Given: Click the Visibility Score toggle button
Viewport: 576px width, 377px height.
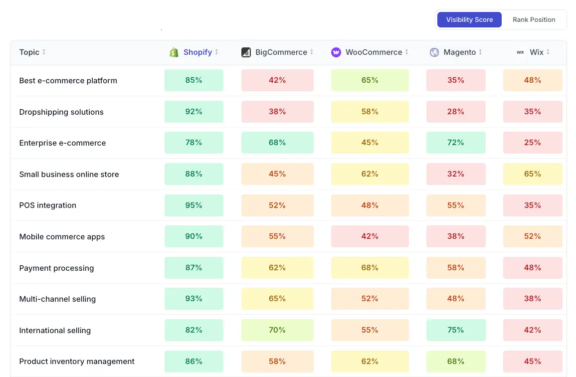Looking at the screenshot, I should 469,20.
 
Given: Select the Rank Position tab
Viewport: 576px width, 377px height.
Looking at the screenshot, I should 534,20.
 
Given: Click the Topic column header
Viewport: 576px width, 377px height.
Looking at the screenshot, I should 29,52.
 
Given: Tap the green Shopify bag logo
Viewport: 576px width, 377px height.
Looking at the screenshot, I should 174,52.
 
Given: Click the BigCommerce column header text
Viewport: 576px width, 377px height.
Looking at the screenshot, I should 281,52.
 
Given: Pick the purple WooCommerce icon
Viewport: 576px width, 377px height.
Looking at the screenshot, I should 336,52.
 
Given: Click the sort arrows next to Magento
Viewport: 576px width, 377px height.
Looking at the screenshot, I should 480,52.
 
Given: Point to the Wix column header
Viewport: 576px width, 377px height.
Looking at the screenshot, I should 537,52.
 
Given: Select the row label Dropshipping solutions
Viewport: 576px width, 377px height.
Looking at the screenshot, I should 61,112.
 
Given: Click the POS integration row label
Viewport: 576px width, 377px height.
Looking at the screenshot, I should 48,205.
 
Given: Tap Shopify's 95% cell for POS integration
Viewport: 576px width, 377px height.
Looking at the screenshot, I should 193,205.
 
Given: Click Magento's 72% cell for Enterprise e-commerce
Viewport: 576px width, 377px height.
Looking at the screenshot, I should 455,143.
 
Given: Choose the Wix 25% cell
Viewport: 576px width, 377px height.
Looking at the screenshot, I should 532,143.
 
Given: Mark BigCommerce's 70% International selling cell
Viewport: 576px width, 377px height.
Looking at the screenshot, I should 277,330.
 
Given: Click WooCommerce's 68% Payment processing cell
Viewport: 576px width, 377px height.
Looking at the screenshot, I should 370,268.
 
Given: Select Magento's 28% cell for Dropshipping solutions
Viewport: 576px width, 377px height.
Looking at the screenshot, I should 455,112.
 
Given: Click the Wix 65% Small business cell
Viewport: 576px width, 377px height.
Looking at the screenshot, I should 532,174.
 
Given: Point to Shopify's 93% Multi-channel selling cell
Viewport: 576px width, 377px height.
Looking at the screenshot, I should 193,299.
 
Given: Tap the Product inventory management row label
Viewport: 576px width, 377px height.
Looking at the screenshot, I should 77,362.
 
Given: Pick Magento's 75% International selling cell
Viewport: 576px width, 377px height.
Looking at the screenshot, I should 455,330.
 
